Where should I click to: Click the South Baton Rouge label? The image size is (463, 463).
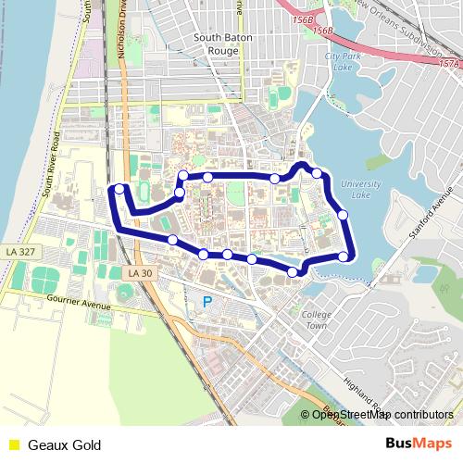pyautogui.click(x=218, y=44)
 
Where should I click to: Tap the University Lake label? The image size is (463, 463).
pyautogui.click(x=361, y=190)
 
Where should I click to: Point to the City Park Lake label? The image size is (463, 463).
pyautogui.click(x=342, y=62)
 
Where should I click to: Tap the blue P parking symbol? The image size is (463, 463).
pyautogui.click(x=207, y=302)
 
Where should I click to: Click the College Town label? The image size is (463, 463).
pyautogui.click(x=316, y=319)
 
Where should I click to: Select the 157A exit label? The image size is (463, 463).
pyautogui.click(x=449, y=63)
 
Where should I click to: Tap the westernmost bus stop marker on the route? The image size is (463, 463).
pyautogui.click(x=119, y=189)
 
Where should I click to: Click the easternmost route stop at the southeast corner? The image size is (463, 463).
pyautogui.click(x=344, y=257)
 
